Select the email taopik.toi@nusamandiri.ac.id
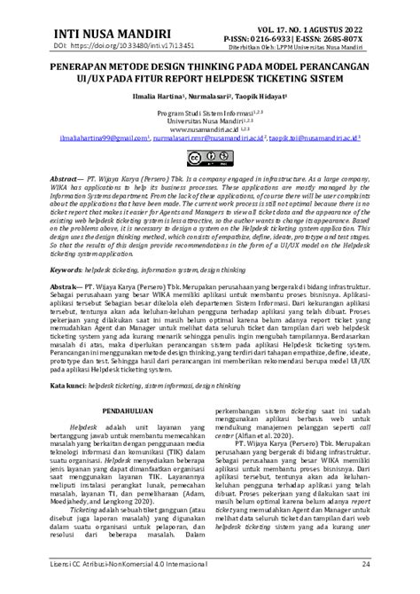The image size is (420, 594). pyautogui.click(x=314, y=139)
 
